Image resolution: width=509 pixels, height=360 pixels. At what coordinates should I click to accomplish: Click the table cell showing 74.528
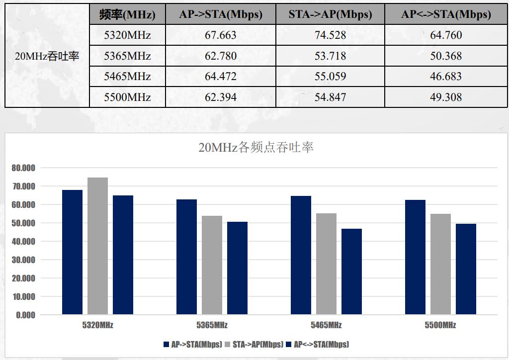tap(330, 35)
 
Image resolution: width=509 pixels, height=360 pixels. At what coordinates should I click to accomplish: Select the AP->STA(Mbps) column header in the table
tap(221, 14)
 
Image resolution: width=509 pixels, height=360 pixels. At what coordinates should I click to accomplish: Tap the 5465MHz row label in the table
tap(127, 77)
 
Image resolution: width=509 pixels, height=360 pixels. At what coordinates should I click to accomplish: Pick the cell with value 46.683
tap(446, 77)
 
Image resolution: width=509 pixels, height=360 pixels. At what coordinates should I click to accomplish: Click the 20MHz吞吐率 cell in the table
tap(47, 56)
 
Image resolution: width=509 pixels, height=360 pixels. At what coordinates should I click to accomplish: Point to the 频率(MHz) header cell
tap(127, 14)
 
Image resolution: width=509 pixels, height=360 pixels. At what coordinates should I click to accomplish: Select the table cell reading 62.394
tap(221, 97)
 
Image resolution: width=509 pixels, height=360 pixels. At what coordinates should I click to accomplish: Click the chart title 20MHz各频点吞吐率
tap(256, 148)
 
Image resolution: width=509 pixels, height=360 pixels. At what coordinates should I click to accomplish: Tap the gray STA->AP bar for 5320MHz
tap(97, 246)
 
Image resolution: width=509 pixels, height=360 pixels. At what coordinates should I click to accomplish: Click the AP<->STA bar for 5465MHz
tap(351, 271)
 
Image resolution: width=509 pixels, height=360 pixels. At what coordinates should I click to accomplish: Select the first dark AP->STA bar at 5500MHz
tap(415, 257)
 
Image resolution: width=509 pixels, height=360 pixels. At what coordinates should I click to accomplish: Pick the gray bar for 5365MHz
tap(212, 265)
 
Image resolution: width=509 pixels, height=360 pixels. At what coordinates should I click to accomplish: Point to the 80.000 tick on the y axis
tap(23, 168)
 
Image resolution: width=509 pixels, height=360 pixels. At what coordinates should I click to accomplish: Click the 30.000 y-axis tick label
tap(23, 260)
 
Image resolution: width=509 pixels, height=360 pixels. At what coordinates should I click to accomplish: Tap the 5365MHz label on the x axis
tap(212, 325)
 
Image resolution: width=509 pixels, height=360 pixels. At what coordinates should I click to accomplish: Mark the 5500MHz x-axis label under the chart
tap(440, 325)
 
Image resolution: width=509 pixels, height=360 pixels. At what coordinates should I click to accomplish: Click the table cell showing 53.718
tap(330, 56)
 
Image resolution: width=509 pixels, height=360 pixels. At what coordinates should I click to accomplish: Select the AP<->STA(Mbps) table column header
tap(446, 14)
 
